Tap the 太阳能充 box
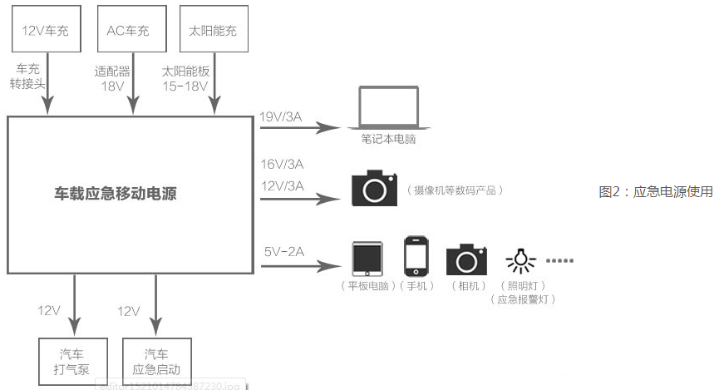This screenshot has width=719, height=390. click(214, 31)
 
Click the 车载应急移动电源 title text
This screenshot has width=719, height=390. click(116, 194)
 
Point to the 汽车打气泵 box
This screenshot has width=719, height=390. click(72, 360)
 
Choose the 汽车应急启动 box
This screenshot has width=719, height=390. click(156, 360)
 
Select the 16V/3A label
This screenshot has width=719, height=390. click(282, 164)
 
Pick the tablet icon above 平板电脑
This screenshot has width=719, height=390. click(366, 259)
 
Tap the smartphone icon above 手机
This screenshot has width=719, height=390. click(416, 256)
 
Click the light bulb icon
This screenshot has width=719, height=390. click(520, 260)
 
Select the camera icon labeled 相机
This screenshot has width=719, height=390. click(465, 259)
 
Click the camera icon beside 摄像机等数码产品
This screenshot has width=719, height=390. click(374, 189)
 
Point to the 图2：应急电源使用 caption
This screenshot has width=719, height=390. click(656, 192)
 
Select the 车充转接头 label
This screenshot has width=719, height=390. click(28, 79)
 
